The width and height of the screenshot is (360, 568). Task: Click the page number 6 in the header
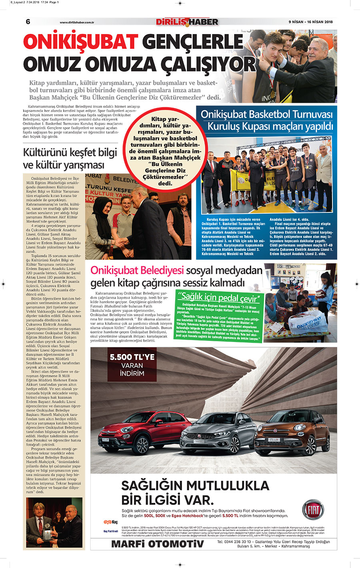click(28, 22)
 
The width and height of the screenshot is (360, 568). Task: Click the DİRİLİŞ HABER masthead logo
click(187, 22)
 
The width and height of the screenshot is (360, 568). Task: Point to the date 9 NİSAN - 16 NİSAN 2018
click(311, 22)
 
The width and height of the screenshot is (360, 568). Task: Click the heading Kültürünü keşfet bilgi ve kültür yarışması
click(70, 158)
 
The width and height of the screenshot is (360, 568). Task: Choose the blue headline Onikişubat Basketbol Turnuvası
click(266, 114)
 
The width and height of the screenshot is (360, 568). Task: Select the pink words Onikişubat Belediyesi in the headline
click(137, 270)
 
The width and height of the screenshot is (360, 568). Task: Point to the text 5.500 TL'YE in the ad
click(132, 357)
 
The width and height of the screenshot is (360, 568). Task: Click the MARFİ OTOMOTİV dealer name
click(157, 544)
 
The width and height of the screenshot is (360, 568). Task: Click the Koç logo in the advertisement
click(111, 522)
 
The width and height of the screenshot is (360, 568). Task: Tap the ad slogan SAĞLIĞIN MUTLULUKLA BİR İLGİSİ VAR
click(195, 493)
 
